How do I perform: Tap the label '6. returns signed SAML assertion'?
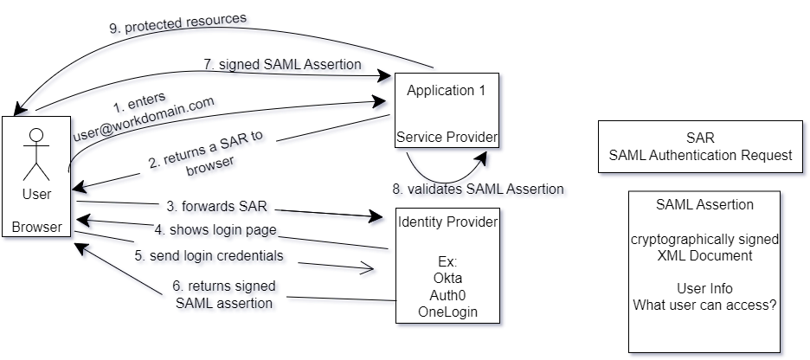[225, 293]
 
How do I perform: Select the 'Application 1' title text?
[447, 89]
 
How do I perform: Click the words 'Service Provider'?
[447, 138]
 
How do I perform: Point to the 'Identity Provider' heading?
[447, 222]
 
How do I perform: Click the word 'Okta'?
[447, 280]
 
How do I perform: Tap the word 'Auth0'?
[447, 295]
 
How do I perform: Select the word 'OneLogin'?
[447, 311]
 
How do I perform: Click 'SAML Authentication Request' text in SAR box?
[700, 155]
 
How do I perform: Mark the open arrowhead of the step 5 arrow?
[370, 269]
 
